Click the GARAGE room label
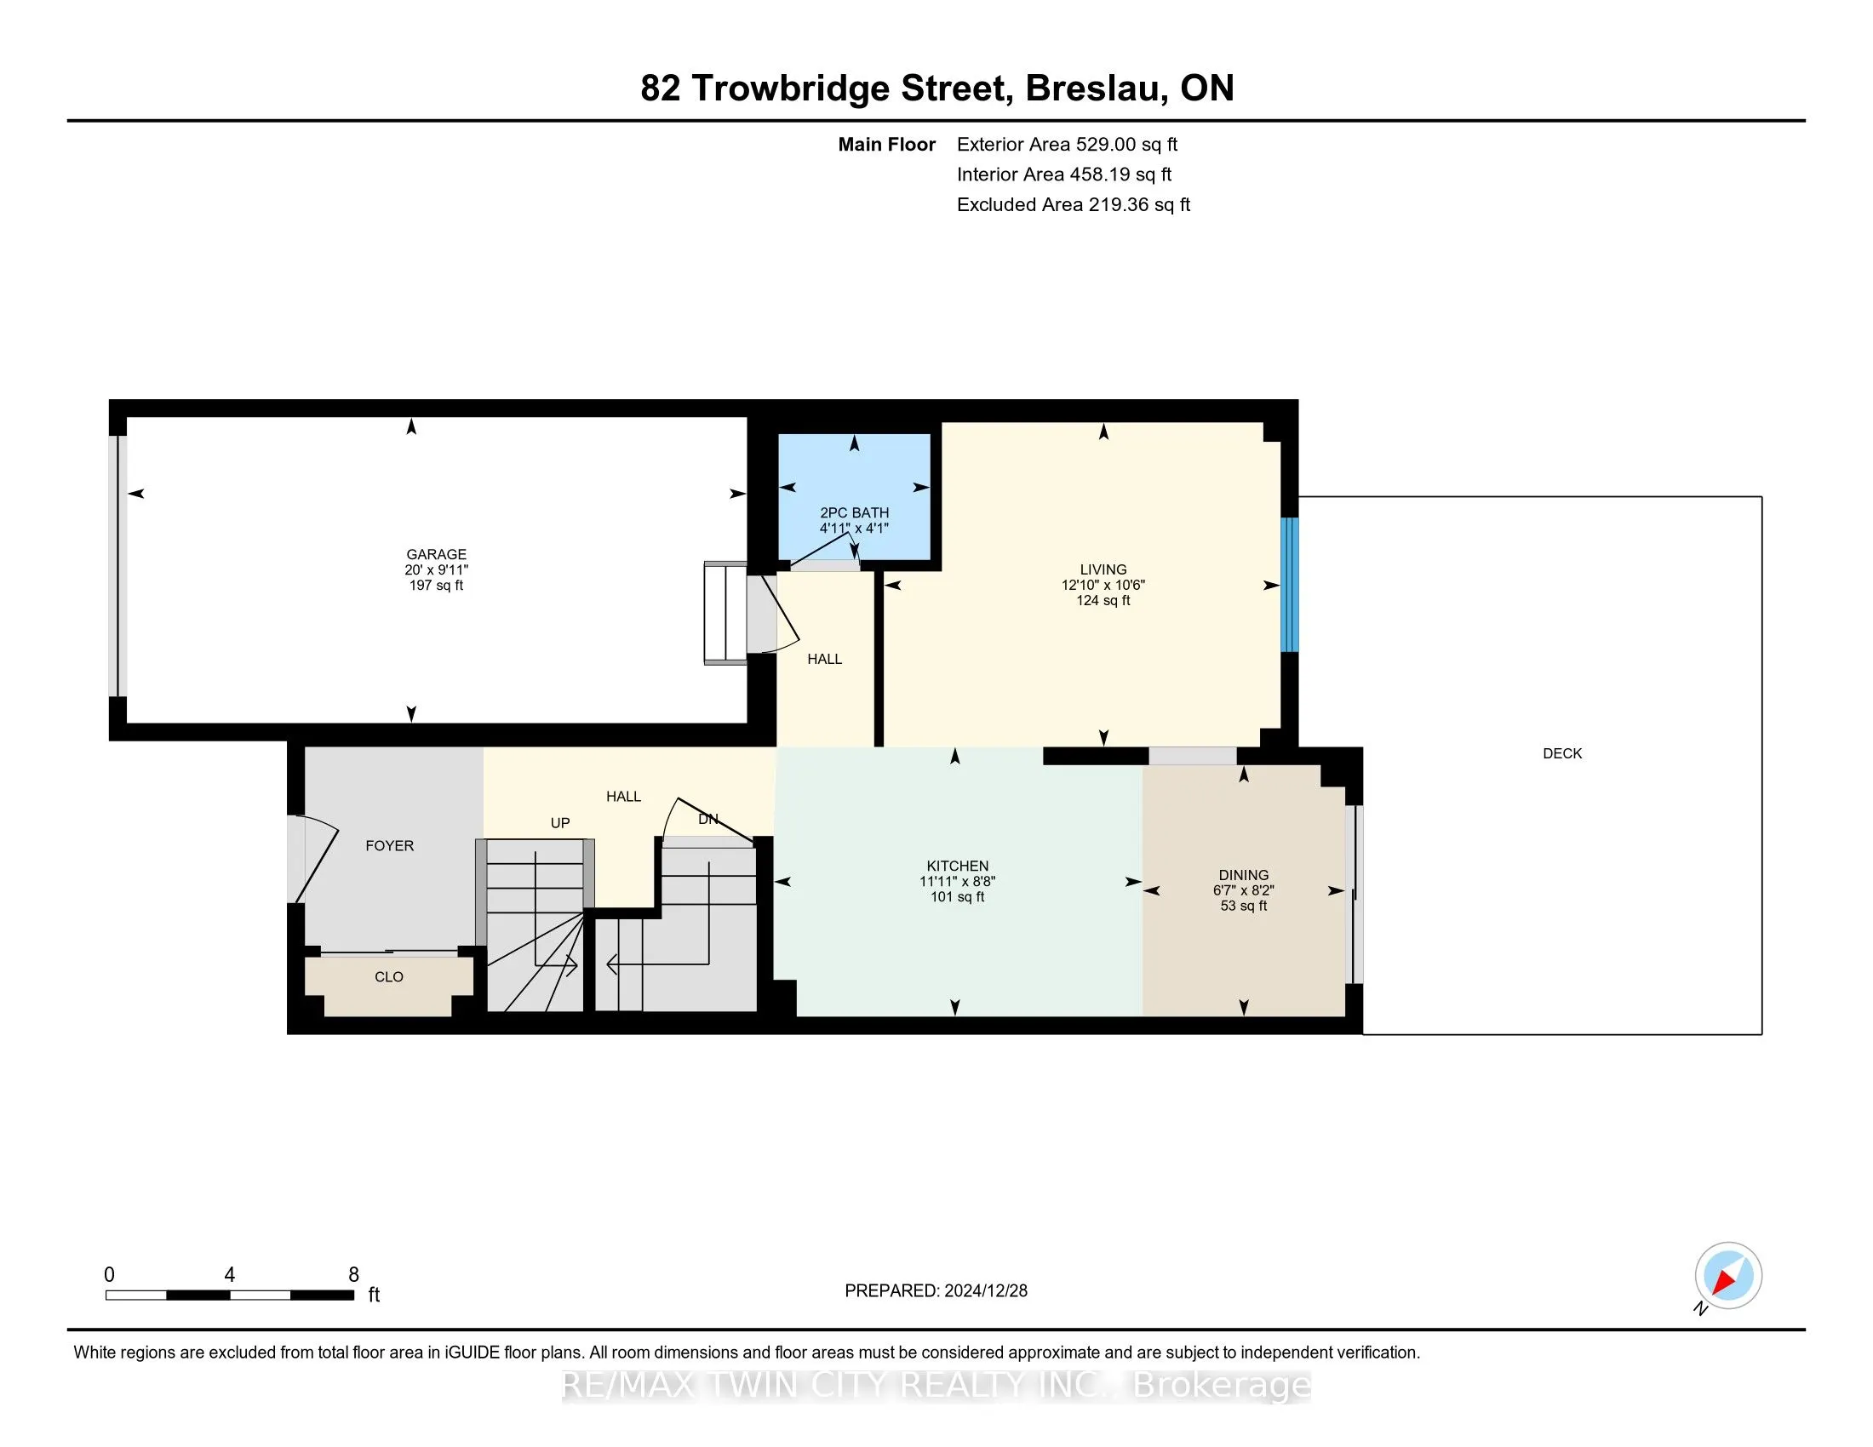pos(437,554)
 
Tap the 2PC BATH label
pos(854,512)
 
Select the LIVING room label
pos(1103,569)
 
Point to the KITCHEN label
pos(957,866)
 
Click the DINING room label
pos(1244,875)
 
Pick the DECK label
pos(1561,753)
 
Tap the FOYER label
pos(389,846)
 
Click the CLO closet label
pos(388,977)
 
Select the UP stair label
pos(560,823)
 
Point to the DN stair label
pos(707,820)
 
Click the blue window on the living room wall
pos(1289,585)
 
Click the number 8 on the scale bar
pos(353,1275)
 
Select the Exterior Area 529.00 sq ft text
pos(1067,145)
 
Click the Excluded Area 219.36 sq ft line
pos(1074,205)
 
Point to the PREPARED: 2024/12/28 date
pos(936,1291)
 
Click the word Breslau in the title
pos(1093,89)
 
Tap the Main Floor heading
pos(887,145)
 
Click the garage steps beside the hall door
pos(725,613)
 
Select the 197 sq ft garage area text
pos(437,586)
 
